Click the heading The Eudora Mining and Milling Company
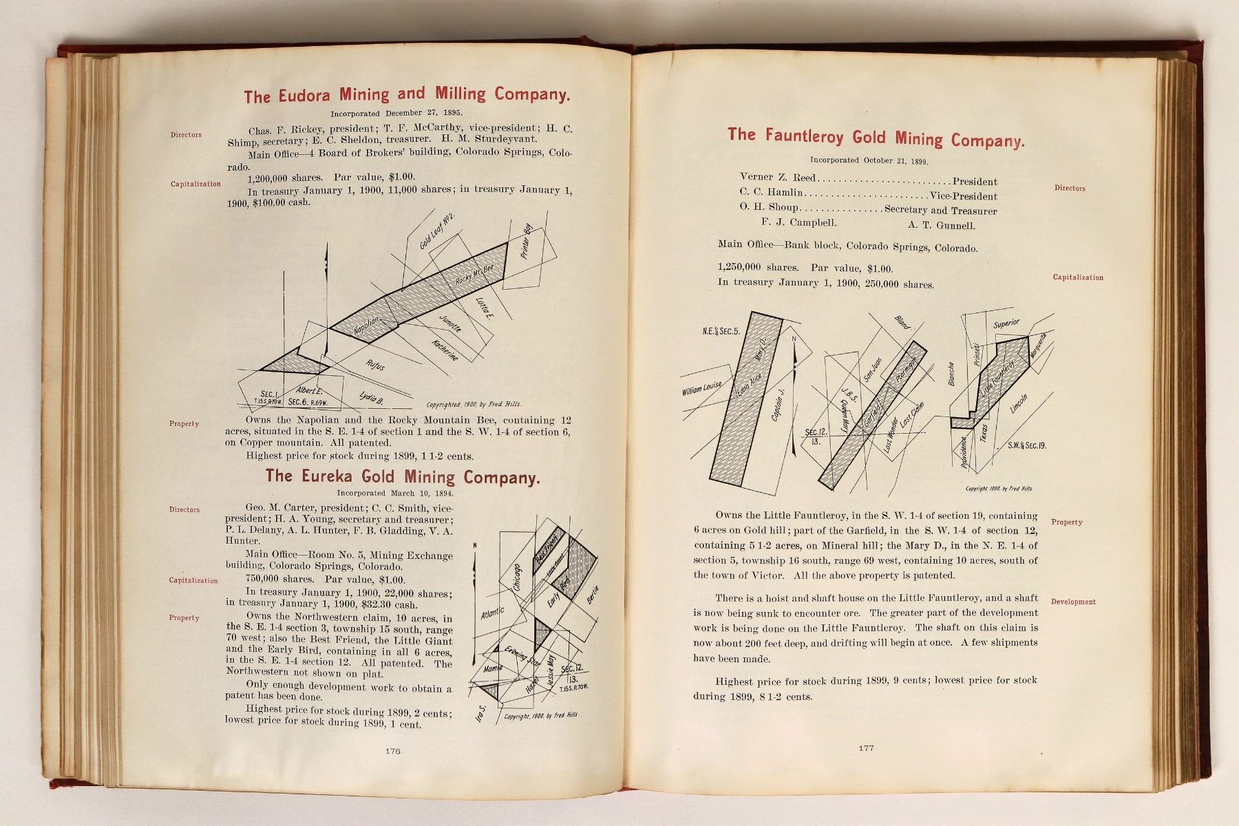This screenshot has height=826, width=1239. pyautogui.click(x=407, y=95)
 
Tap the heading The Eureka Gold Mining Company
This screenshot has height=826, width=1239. pyautogui.click(x=403, y=476)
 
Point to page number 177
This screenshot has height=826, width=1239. pyautogui.click(x=866, y=748)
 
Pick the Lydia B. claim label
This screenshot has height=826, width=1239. pyautogui.click(x=372, y=397)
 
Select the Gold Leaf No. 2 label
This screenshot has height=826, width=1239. pyautogui.click(x=438, y=231)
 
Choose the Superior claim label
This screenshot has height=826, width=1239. pyautogui.click(x=1006, y=324)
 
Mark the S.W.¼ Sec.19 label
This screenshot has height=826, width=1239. pyautogui.click(x=1027, y=446)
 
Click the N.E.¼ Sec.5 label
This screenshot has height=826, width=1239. pyautogui.click(x=721, y=331)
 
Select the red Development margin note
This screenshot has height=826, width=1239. pyautogui.click(x=1073, y=602)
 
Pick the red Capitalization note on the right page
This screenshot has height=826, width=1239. pyautogui.click(x=1078, y=277)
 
